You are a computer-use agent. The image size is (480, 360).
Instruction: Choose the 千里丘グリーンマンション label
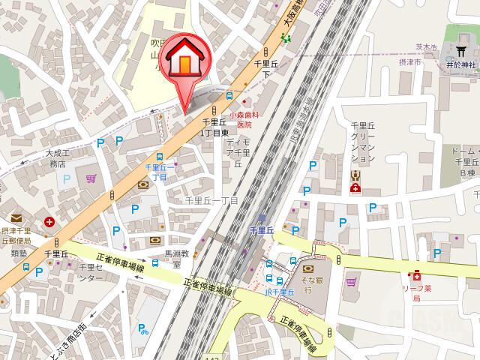tap(361, 142)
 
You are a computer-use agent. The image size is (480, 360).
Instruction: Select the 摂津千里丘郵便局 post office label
tap(16, 235)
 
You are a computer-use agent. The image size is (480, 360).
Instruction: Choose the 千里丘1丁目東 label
tap(214, 127)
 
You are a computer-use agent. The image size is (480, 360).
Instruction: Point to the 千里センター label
tap(89, 272)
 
